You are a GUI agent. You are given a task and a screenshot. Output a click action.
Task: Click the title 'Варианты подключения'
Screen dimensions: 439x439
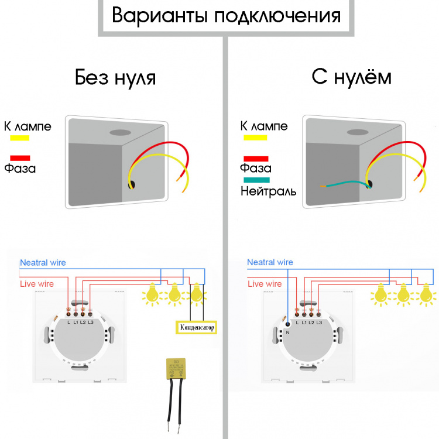(226, 16)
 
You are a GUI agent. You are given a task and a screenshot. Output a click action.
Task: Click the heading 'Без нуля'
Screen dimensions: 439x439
(115, 78)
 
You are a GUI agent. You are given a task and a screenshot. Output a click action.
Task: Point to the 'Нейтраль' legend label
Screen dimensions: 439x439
(269, 191)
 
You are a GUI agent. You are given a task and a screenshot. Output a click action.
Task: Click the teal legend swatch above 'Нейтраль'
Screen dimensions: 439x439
(255, 180)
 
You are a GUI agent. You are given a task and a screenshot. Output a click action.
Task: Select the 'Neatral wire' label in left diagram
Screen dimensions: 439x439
(43, 263)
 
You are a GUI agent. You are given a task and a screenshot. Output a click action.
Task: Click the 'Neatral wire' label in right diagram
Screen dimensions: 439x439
(270, 262)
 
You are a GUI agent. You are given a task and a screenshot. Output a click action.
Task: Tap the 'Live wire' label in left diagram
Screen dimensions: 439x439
(36, 284)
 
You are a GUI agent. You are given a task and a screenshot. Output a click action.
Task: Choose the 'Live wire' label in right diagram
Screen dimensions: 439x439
(264, 284)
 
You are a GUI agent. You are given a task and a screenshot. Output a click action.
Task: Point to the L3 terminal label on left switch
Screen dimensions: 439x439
(91, 323)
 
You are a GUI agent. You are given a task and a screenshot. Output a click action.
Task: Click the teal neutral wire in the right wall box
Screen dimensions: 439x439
(345, 185)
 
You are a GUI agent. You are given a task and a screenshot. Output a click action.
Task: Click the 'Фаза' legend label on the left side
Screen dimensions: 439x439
(20, 169)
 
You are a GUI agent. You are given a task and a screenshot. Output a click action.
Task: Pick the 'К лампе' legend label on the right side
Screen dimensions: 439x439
(263, 126)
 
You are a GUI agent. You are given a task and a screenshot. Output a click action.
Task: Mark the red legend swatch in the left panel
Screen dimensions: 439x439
(20, 157)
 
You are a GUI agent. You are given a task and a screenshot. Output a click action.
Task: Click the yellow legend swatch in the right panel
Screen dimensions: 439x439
(255, 137)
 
